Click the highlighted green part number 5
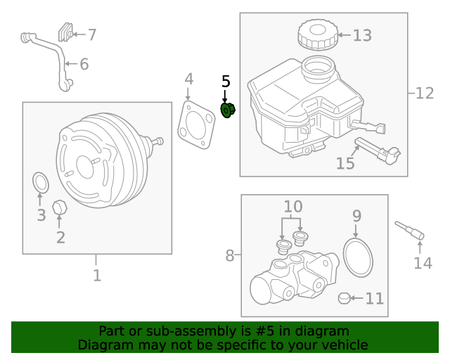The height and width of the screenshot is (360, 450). (228, 110)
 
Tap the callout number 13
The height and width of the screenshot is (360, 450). (361, 35)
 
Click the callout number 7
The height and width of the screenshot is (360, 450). (91, 34)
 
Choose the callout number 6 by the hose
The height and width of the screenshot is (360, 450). (84, 65)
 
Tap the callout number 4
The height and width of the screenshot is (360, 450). (188, 78)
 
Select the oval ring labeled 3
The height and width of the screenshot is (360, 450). (41, 182)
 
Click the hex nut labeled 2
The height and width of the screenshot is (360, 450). (60, 208)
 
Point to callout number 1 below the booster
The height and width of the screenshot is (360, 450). (96, 275)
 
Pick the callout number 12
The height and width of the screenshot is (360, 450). (425, 93)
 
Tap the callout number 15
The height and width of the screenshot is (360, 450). (345, 164)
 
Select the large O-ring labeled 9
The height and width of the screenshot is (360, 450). (358, 256)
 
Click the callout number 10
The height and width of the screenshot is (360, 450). (292, 207)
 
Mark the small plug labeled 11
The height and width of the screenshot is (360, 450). (344, 298)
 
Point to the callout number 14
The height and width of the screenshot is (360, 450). (422, 263)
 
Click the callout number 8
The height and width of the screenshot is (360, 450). (229, 256)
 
